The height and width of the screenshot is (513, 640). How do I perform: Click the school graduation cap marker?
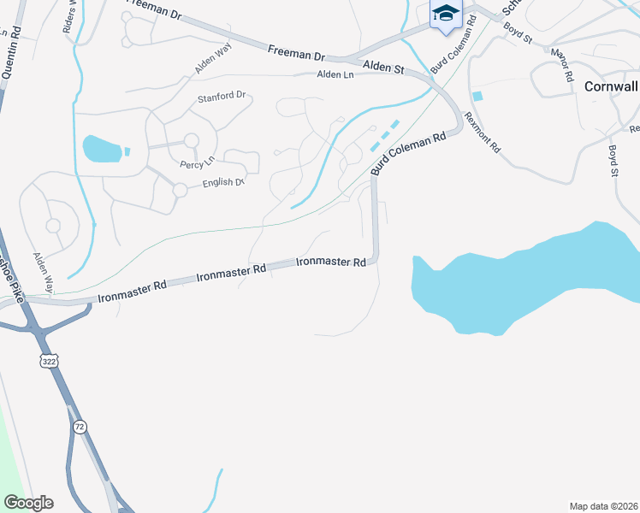446,14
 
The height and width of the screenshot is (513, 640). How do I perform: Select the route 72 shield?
79,426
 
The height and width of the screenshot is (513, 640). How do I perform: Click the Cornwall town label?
611,86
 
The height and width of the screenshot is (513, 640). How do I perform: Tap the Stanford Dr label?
222,97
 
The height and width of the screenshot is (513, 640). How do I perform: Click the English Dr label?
223,183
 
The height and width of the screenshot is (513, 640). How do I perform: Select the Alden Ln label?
335,75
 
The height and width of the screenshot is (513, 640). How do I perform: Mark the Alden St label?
382,66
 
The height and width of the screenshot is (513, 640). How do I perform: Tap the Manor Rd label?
561,64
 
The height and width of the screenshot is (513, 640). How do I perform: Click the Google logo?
28,503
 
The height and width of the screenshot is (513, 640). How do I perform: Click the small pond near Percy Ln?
102,149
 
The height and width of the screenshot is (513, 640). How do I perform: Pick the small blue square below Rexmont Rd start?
477,97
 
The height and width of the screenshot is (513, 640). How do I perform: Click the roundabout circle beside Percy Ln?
191,140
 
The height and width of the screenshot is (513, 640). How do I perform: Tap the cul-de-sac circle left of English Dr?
180,190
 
